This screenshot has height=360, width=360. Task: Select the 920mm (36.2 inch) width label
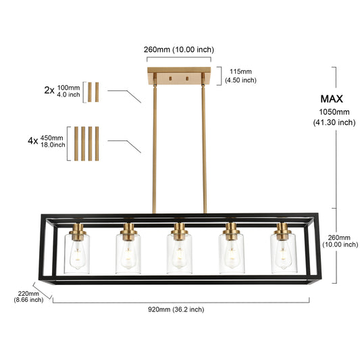[x=176, y=309]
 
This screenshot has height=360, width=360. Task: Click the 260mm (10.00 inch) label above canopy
[x=179, y=49]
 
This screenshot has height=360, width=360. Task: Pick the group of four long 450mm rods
[x=86, y=143]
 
